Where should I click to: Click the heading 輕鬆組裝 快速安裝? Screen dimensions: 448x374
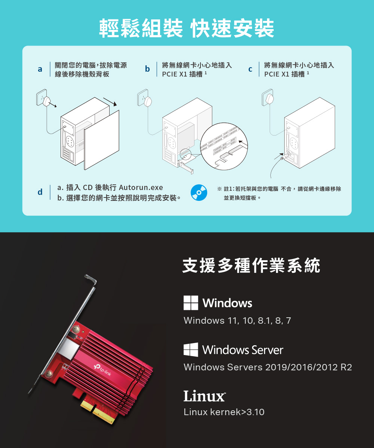pos(187,28)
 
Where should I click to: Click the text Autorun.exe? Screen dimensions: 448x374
pos(141,187)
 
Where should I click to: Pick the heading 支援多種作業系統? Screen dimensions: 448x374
pos(251,266)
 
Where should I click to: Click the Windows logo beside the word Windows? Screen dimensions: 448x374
pos(191,303)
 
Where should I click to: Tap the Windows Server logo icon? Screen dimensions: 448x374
pos(191,350)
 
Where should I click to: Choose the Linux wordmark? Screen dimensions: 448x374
pos(204,396)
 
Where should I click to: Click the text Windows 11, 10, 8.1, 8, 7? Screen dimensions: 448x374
pos(237,321)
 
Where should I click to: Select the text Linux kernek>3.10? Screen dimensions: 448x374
pos(224,412)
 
